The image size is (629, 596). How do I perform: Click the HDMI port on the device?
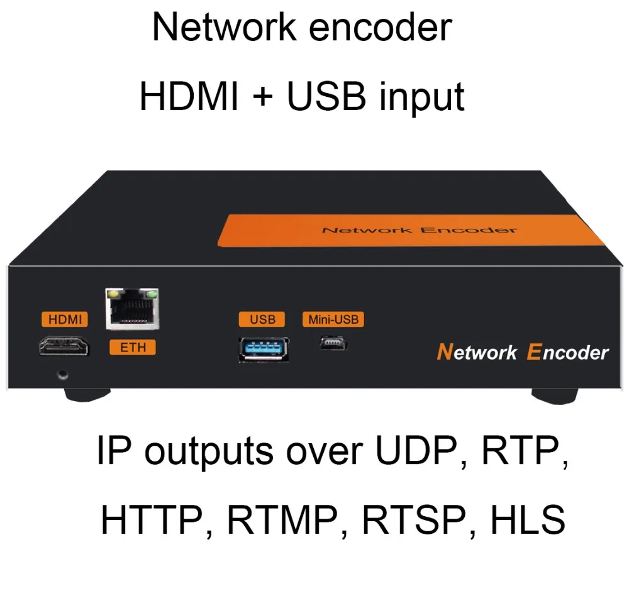coord(64,346)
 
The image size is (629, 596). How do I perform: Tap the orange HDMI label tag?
coord(65,319)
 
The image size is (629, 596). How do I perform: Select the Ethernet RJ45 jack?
coord(133,310)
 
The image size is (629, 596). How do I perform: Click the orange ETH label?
coord(133,347)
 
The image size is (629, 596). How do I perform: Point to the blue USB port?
coord(264,348)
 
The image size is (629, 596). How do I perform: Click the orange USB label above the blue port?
coord(262,319)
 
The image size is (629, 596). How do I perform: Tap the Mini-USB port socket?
coord(333,343)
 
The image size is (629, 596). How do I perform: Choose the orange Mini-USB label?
coord(333,319)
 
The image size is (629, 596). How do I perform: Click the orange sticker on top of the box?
coord(409,229)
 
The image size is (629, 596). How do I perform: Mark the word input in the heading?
coord(422,97)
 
